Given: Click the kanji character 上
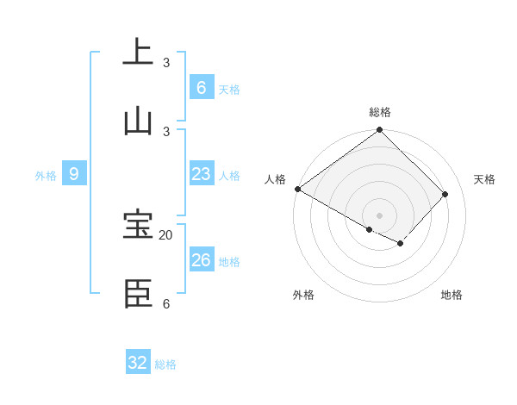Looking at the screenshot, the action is (x=138, y=51).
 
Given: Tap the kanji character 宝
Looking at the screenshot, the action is (x=138, y=225).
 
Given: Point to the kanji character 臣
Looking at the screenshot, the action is (x=138, y=293).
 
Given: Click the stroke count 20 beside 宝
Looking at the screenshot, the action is (x=166, y=235).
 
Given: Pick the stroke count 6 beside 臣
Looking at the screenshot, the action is (x=166, y=303).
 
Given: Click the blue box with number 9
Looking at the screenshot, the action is (x=74, y=174).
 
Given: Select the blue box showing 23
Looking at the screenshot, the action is (x=201, y=174).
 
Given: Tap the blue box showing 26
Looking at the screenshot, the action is (x=201, y=260).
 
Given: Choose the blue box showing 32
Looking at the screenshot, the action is (x=138, y=363).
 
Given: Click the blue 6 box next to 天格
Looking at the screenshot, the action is (x=201, y=88).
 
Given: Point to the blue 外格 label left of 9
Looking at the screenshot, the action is (x=46, y=176).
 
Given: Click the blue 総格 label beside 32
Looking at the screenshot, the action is (x=165, y=364).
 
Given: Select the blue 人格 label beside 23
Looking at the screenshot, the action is (x=229, y=176).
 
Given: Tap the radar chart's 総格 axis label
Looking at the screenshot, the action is (x=380, y=112).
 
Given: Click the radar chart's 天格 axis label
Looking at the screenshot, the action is (x=484, y=179).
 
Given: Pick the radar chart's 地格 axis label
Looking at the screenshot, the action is (x=452, y=295).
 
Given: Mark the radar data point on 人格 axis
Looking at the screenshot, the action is (x=297, y=189).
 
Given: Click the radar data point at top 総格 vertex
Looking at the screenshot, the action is (x=380, y=130).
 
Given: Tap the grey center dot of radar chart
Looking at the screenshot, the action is (x=380, y=215).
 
